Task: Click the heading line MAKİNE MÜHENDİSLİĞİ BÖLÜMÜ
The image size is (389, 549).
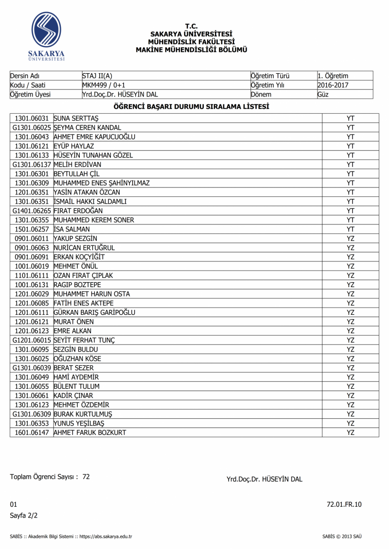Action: coord(192,50)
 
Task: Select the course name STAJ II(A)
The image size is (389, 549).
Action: coord(97,76)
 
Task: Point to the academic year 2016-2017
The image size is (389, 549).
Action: coord(333,85)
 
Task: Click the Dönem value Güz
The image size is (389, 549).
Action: coord(323,94)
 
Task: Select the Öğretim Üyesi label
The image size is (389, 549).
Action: coord(30,94)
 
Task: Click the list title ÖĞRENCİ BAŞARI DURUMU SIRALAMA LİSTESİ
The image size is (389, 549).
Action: coord(192,106)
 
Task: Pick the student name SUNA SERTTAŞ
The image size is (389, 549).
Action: coord(76,118)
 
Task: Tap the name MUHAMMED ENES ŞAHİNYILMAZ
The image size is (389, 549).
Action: coord(102,183)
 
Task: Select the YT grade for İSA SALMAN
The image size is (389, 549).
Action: coord(350,229)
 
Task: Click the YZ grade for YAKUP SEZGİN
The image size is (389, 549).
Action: coord(350,239)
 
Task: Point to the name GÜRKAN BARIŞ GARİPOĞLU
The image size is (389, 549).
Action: coord(94,312)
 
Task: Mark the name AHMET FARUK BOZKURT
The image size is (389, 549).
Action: coord(90,432)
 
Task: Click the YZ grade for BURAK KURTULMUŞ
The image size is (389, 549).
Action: coord(350,414)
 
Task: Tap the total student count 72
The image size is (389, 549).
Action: coord(86,477)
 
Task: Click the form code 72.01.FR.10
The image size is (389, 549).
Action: coord(344,504)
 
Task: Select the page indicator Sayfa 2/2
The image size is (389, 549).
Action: coord(24,515)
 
